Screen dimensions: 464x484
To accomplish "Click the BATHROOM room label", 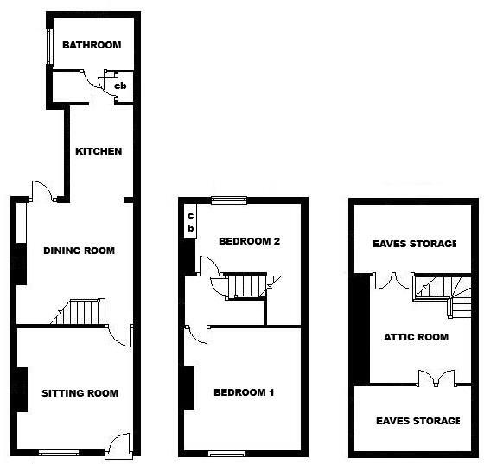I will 91,45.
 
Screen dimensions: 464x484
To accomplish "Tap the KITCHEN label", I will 99,151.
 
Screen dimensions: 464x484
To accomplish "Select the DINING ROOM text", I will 79,251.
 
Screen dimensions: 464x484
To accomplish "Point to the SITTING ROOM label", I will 80,393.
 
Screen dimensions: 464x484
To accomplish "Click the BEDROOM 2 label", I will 249,241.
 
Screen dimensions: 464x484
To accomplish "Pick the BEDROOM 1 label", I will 244,392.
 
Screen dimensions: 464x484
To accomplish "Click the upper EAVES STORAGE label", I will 414,244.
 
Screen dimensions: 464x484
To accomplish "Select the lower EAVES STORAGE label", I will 417,421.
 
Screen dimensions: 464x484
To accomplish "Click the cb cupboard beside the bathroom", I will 121,86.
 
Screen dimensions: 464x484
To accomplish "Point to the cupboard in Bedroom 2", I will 190,222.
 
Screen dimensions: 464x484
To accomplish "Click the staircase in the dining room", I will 83,311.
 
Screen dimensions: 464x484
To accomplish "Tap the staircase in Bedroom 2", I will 248,285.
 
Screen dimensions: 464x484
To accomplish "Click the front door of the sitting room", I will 119,442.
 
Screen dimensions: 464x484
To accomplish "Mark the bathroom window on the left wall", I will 50,48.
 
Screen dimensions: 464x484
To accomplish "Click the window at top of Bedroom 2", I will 230,200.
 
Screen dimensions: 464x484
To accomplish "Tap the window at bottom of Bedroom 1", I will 226,453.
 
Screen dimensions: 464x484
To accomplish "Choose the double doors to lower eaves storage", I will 435,378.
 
